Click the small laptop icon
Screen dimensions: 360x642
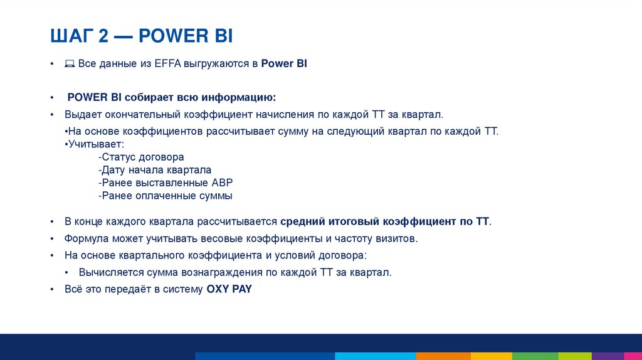(x=70, y=65)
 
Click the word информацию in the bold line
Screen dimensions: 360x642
(x=241, y=98)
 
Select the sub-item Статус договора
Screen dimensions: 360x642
(x=141, y=157)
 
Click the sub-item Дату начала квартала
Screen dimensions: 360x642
(x=155, y=170)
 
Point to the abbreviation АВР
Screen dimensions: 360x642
(x=221, y=183)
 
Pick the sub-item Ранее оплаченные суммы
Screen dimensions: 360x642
(x=165, y=196)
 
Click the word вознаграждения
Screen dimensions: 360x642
(x=219, y=272)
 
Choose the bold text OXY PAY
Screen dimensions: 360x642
(x=229, y=290)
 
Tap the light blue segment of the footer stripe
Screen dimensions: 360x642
(x=376, y=356)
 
